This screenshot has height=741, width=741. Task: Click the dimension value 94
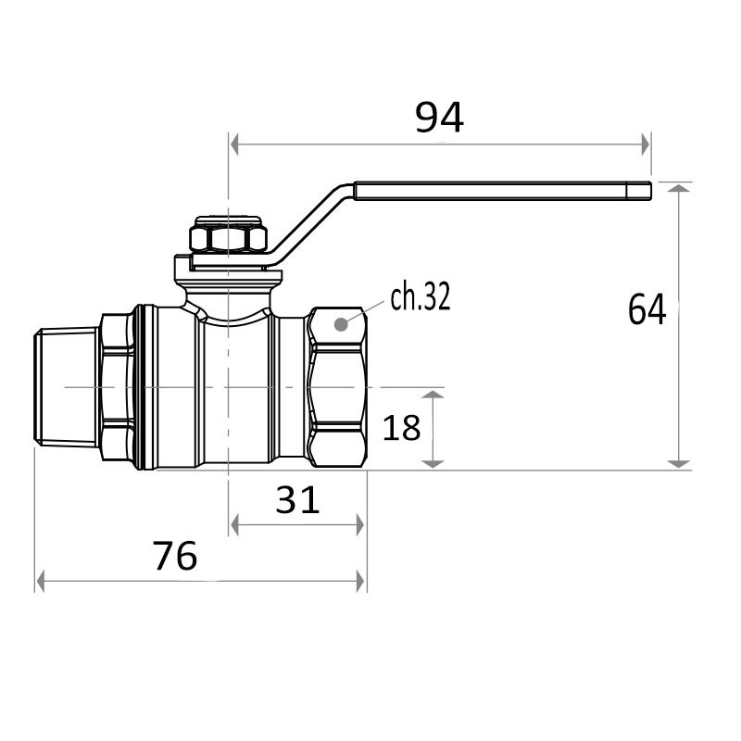[439, 118]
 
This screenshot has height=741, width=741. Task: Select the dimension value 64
[647, 309]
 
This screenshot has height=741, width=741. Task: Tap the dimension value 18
[401, 428]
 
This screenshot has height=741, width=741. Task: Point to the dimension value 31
[297, 500]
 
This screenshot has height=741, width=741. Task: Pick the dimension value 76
[174, 555]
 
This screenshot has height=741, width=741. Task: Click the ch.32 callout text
[421, 296]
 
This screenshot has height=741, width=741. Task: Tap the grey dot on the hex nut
[341, 325]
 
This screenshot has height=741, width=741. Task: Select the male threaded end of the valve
[66, 387]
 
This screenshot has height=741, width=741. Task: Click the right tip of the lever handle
[651, 191]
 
